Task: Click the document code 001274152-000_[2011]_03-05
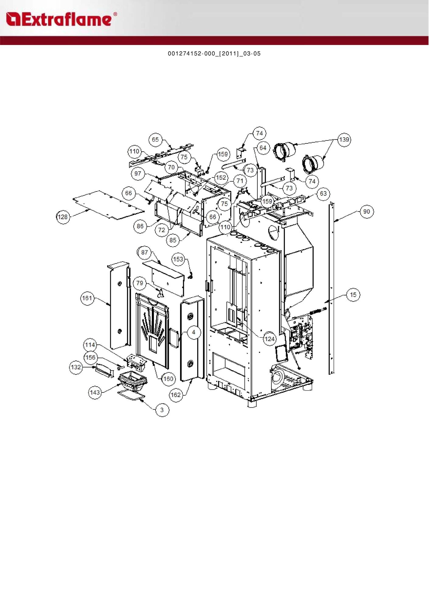tap(214, 53)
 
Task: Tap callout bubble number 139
tap(344, 140)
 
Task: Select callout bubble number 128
tap(63, 217)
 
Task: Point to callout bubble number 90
tap(367, 212)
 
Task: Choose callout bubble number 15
tap(353, 295)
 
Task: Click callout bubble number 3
tap(162, 410)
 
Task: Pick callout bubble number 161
tap(87, 298)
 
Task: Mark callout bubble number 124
tap(270, 339)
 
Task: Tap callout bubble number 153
tap(178, 259)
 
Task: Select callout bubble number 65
tap(155, 140)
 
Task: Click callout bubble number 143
tap(95, 392)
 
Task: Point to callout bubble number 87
tap(144, 252)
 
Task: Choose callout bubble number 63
tap(323, 194)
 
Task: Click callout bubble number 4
tap(194, 332)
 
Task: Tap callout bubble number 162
tap(176, 395)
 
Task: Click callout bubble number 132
tap(76, 367)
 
